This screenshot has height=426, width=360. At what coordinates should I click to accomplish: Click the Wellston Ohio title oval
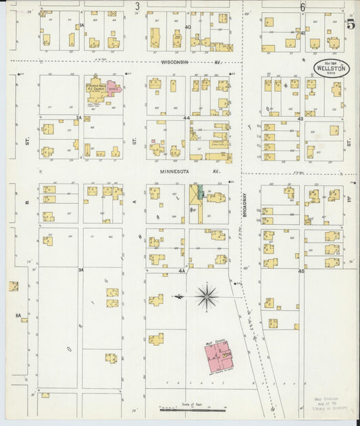pos(331,68)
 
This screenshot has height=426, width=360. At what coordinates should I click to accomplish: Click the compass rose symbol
pos(207,295)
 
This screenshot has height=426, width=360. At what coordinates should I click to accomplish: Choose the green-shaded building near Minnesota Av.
pos(197,197)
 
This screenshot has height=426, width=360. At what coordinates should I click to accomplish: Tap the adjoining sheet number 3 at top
pos(137,7)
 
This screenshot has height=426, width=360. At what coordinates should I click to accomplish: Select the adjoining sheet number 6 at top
pos(303,7)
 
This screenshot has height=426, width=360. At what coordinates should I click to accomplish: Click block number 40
pos(188,28)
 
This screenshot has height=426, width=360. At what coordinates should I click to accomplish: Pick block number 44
pos(186,117)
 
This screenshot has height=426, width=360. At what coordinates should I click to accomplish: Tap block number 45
pos(301,271)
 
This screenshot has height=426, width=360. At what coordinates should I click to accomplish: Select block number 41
pos(303,32)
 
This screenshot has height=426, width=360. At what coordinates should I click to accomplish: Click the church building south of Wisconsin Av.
pos(100,91)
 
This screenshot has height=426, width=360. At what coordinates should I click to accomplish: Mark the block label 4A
pos(181,271)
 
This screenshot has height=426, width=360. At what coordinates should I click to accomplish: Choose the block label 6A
pos(19,315)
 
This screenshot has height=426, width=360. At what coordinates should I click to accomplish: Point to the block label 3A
pos(80,270)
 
